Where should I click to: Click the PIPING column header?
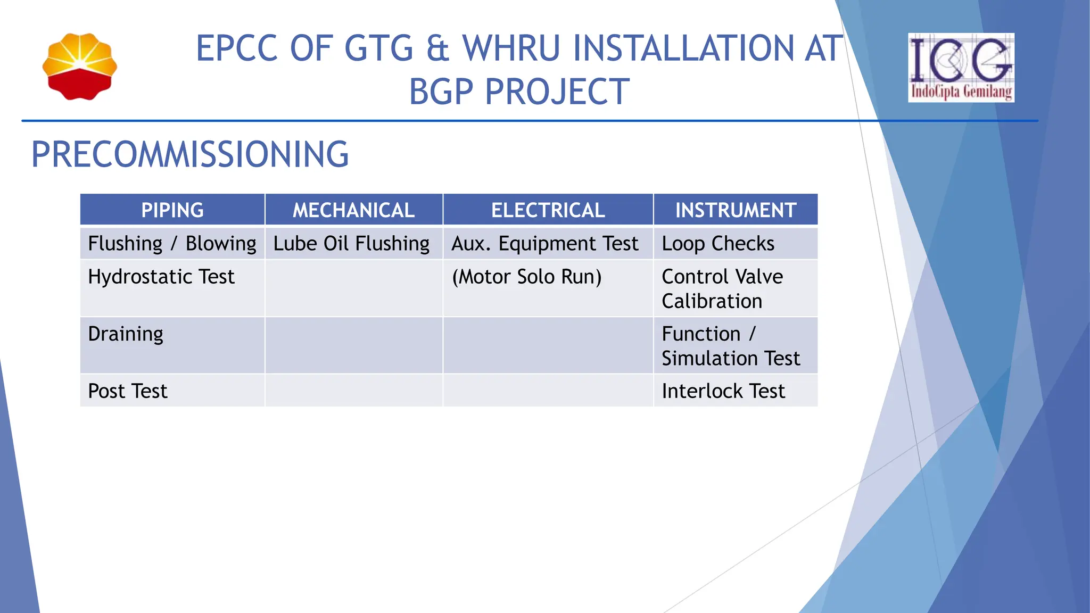point(172,210)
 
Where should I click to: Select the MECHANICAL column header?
point(353,210)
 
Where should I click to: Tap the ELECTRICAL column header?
point(548,210)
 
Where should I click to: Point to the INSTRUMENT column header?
point(736,210)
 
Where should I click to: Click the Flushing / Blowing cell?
point(172,244)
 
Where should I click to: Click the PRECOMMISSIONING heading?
point(190,155)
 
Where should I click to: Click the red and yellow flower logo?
point(80,67)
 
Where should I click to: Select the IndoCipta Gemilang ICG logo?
point(961,68)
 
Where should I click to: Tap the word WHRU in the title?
point(511,48)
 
